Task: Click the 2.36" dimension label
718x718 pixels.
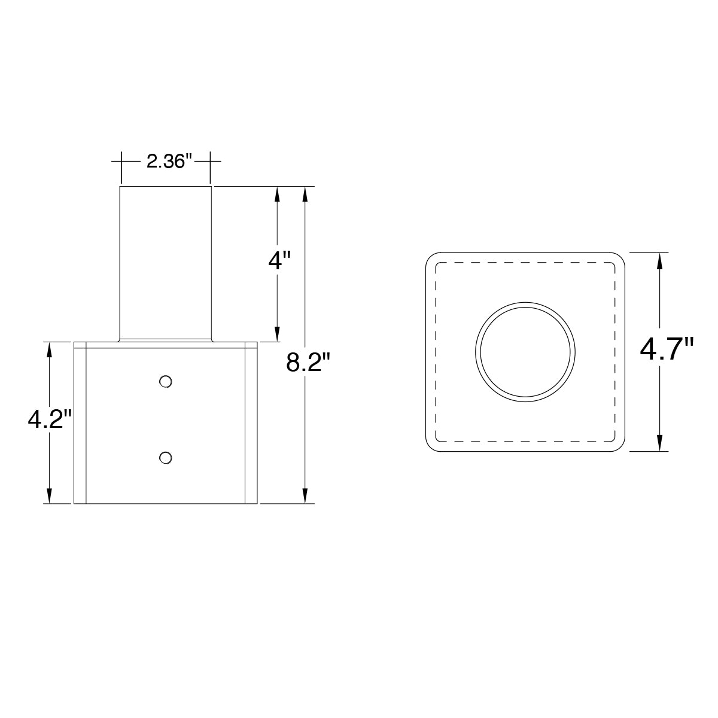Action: [169, 162]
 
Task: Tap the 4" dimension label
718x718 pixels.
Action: [279, 260]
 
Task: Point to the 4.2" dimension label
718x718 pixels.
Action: [50, 419]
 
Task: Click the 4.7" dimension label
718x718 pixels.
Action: [667, 349]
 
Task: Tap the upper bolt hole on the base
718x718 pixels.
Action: [165, 382]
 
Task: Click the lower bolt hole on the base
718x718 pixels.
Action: [165, 458]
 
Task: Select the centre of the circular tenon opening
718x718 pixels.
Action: [525, 352]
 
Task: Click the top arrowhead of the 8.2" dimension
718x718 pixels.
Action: [305, 195]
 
